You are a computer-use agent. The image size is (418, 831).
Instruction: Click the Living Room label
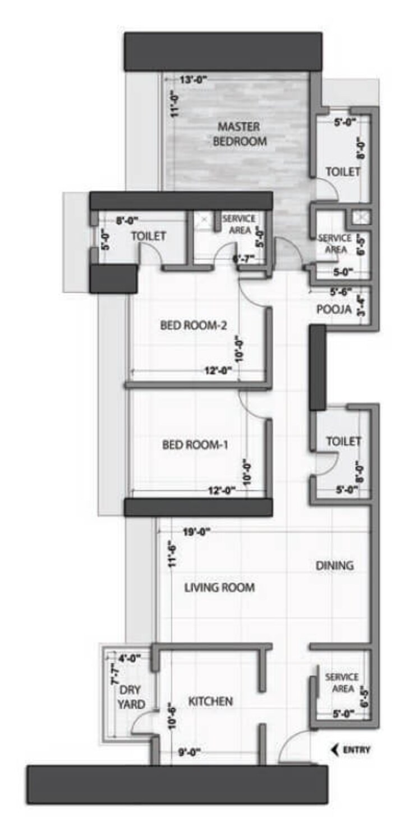tap(220, 587)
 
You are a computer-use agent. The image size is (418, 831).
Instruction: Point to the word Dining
tap(334, 565)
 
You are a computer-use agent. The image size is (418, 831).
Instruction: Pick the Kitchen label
tap(210, 701)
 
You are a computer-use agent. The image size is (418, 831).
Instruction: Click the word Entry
tap(356, 750)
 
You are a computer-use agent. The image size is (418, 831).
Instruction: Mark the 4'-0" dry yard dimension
tap(130, 657)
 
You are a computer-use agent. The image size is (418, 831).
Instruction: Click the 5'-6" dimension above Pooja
tap(340, 292)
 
